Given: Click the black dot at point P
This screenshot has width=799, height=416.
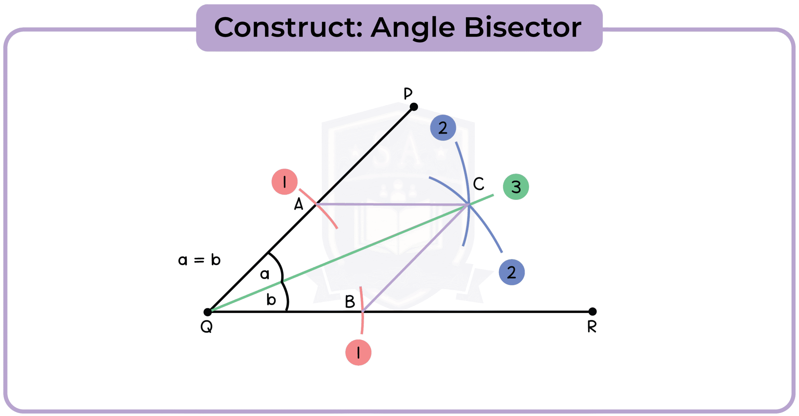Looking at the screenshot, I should (x=414, y=107).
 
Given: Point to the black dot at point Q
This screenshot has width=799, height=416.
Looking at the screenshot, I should (x=208, y=312).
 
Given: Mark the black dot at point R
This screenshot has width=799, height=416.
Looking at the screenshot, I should (x=592, y=311).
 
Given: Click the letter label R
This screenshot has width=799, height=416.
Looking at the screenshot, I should (x=592, y=327).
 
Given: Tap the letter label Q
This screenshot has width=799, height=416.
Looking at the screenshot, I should (x=207, y=327).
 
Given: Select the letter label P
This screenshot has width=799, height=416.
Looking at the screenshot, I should (x=408, y=93).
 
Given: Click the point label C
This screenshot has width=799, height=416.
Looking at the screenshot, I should (x=478, y=184).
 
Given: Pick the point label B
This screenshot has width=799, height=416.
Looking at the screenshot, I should (x=350, y=302).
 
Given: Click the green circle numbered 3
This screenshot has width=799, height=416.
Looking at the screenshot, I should (x=516, y=187).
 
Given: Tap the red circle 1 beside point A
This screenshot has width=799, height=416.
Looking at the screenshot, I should (x=284, y=182).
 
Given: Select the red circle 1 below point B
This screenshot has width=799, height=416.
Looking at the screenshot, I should (x=358, y=352).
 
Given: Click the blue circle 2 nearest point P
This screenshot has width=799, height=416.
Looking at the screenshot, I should (x=443, y=128).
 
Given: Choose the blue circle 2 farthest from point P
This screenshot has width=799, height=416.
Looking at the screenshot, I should (x=512, y=272).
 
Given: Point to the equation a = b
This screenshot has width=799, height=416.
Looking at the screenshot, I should (x=199, y=260).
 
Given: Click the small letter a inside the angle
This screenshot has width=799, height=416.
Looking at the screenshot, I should (x=265, y=274).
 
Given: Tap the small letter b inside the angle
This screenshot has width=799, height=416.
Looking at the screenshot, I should (x=271, y=300).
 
